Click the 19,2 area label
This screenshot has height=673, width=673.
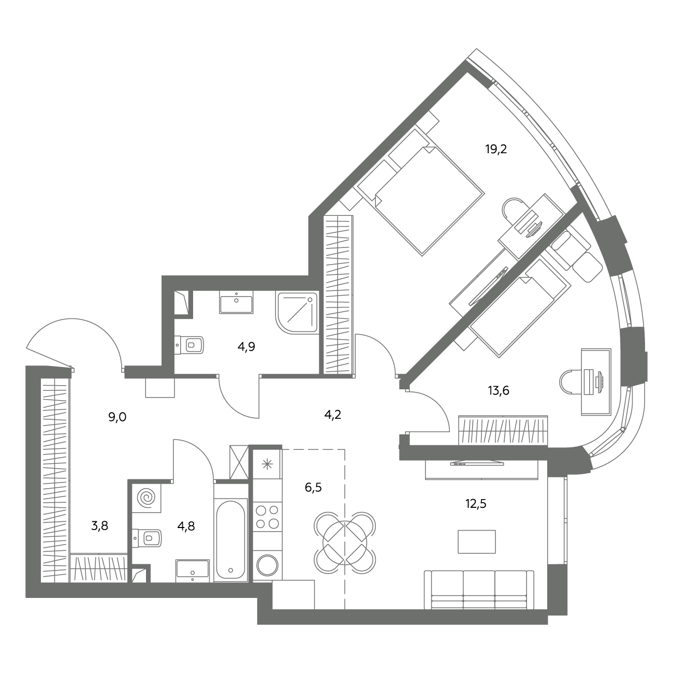pyautogui.click(x=496, y=150)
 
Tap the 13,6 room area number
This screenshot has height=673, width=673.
pyautogui.click(x=499, y=391)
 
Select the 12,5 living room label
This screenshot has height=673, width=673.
pyautogui.click(x=476, y=504)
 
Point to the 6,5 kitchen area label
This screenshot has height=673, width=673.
pyautogui.click(x=313, y=488)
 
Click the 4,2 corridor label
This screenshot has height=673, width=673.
pyautogui.click(x=332, y=415)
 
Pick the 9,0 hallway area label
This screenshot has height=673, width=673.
pyautogui.click(x=118, y=417)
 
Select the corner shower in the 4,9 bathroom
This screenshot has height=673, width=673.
pyautogui.click(x=297, y=312)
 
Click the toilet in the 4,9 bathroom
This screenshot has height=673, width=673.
pyautogui.click(x=189, y=345)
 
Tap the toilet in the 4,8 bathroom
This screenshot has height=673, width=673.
pyautogui.click(x=147, y=538)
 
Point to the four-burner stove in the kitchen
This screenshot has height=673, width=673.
pyautogui.click(x=267, y=517)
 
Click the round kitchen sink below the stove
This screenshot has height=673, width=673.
pyautogui.click(x=267, y=565)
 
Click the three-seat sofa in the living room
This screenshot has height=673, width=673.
pyautogui.click(x=479, y=590)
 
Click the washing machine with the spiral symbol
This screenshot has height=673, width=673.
pyautogui.click(x=147, y=498)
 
